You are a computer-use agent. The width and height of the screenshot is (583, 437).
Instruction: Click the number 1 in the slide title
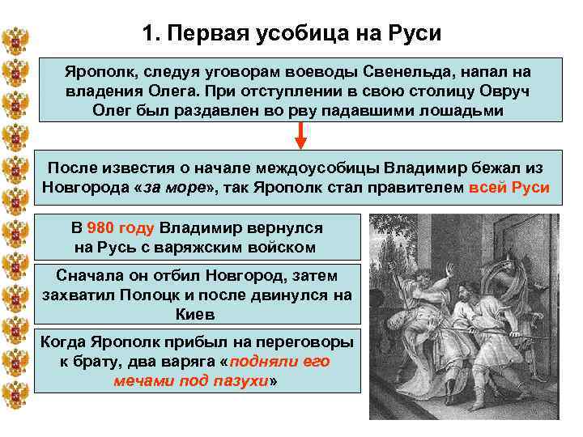(x=147, y=34)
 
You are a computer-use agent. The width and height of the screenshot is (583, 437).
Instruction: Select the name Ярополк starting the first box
(x=96, y=72)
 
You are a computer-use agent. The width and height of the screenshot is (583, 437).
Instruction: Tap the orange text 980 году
(x=121, y=227)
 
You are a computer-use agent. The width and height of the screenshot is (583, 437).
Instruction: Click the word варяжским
(x=199, y=247)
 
